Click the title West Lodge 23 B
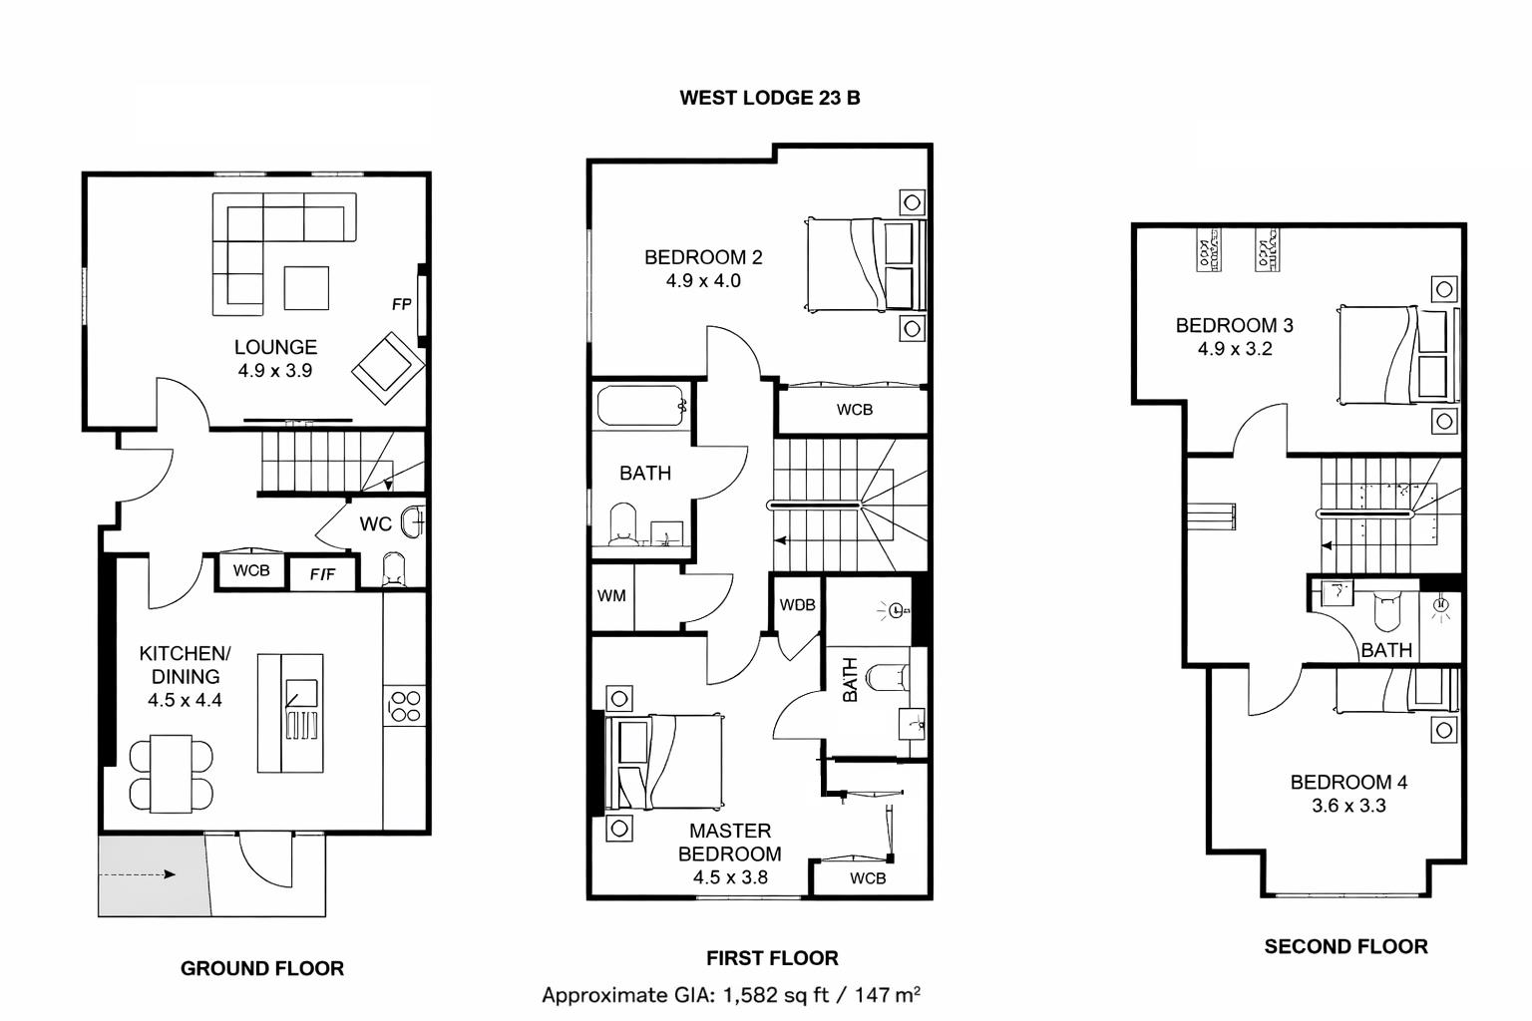point(769,98)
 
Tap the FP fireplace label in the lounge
point(401,304)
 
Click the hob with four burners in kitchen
point(405,706)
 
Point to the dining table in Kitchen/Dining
point(172,774)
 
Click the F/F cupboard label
point(322,574)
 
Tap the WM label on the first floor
point(611,595)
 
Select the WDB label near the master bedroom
point(797,604)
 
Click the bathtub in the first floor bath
point(640,408)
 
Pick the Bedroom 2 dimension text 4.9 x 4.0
point(703,281)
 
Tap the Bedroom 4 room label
point(1348,783)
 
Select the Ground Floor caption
point(262,968)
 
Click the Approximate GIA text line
point(731,994)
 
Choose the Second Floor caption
point(1345,946)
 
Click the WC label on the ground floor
point(375,523)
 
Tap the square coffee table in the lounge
point(306,288)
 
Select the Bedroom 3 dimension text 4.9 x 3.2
point(1235,349)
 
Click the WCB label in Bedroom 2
point(855,409)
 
